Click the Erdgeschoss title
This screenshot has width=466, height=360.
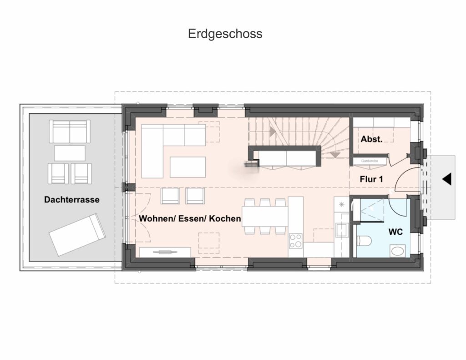pyautogui.click(x=225, y=34)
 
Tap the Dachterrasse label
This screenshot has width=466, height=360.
pyautogui.click(x=71, y=199)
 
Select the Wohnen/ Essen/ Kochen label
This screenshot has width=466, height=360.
pyautogui.click(x=190, y=218)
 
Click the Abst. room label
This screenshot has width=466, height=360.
pyautogui.click(x=371, y=139)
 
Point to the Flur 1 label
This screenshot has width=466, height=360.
pyautogui.click(x=371, y=179)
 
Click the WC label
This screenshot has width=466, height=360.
pyautogui.click(x=395, y=232)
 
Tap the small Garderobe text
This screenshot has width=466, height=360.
pyautogui.click(x=370, y=161)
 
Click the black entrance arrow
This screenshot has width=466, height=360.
pyautogui.click(x=447, y=179)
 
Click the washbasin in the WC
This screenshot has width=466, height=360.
pyautogui.click(x=398, y=251)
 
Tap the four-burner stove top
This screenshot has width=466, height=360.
pyautogui.click(x=296, y=241)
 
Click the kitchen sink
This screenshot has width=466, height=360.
pyautogui.click(x=341, y=229)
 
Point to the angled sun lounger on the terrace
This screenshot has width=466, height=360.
pyautogui.click(x=77, y=234)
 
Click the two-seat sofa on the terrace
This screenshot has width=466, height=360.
pyautogui.click(x=70, y=132)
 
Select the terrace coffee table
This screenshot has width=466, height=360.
pyautogui.click(x=70, y=153)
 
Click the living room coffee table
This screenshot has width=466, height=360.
pyautogui.click(x=188, y=167)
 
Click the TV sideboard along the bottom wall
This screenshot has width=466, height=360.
pyautogui.click(x=165, y=252)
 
